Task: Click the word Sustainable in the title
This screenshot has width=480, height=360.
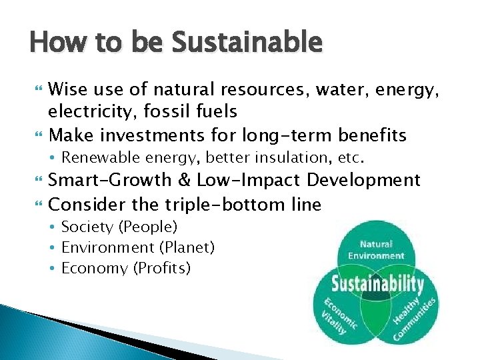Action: pos(247,43)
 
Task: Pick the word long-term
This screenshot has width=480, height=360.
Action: pos(287,135)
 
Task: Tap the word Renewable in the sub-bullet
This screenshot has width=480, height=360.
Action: pos(97,159)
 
